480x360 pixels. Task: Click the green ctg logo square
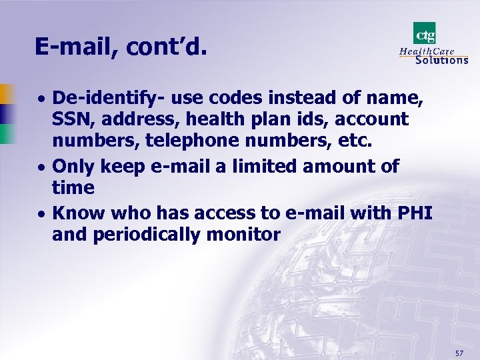[425, 33]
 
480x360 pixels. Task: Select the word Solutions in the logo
[441, 59]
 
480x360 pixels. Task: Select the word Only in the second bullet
[73, 166]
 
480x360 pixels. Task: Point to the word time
[73, 188]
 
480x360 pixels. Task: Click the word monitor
[247, 235]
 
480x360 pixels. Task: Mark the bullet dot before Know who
[41, 214]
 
